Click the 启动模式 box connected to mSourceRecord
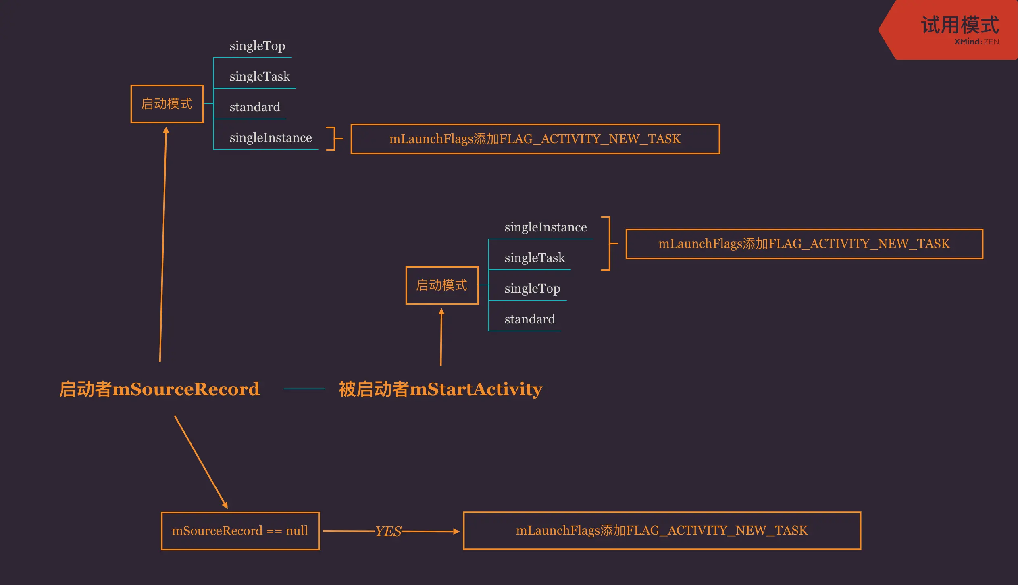(167, 104)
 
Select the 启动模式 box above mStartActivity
(442, 285)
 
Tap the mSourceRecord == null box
(240, 531)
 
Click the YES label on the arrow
(388, 531)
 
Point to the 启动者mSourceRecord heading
(160, 389)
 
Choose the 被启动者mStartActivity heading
(441, 389)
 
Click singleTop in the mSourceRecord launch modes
(257, 46)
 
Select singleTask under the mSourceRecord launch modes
(260, 77)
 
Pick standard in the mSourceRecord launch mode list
(255, 107)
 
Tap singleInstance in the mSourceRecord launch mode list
(271, 138)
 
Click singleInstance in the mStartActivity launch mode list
(545, 227)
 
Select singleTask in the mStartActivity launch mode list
(535, 258)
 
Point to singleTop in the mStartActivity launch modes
(532, 289)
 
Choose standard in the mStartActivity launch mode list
(530, 319)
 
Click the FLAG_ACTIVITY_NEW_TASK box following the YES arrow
(662, 531)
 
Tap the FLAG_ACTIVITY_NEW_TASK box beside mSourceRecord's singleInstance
(535, 139)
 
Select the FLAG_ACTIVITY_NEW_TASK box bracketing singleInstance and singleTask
(804, 244)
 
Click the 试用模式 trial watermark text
(960, 25)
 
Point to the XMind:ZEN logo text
(976, 42)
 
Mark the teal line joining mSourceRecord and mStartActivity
(304, 389)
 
